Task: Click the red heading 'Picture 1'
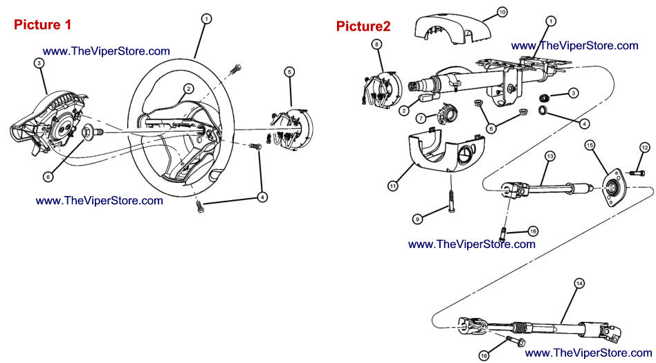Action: (x=42, y=24)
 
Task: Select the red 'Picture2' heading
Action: (x=363, y=26)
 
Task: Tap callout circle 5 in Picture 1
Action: (x=289, y=71)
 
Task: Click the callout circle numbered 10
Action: (x=502, y=12)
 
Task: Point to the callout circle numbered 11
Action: (x=392, y=186)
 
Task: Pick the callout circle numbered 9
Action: (x=417, y=218)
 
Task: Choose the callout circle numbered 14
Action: (x=579, y=283)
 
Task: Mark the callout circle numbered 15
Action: (x=590, y=145)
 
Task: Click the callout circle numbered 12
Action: (x=645, y=148)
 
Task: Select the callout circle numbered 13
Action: (x=549, y=156)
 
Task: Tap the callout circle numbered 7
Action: (x=421, y=118)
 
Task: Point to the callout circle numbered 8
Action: (x=377, y=44)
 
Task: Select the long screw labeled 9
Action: (x=451, y=200)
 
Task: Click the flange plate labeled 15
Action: (x=613, y=186)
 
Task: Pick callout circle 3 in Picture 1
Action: (x=39, y=63)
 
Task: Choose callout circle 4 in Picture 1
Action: (x=262, y=197)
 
